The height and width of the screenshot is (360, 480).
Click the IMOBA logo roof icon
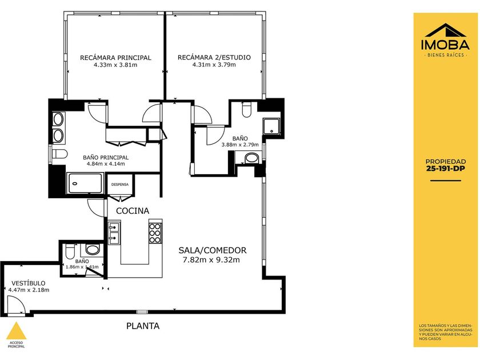pyautogui.click(x=445, y=30)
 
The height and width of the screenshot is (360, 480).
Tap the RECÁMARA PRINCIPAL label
pyautogui.click(x=115, y=58)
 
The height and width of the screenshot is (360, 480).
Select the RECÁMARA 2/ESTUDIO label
pyautogui.click(x=214, y=57)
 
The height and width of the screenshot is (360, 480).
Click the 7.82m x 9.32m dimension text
pyautogui.click(x=211, y=260)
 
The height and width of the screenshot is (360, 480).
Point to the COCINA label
pyautogui.click(x=133, y=211)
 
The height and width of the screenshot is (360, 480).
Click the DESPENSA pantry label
pyautogui.click(x=119, y=185)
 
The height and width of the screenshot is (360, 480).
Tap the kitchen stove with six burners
pyautogui.click(x=155, y=233)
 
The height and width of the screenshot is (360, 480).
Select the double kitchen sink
pyautogui.click(x=114, y=233)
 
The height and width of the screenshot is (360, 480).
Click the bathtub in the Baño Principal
pyautogui.click(x=85, y=183)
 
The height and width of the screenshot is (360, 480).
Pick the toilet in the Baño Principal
pyautogui.click(x=59, y=154)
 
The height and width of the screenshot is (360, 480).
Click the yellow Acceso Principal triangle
pyautogui.click(x=16, y=331)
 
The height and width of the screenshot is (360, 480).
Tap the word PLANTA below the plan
pyautogui.click(x=143, y=326)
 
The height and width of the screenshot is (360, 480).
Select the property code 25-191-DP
pyautogui.click(x=446, y=169)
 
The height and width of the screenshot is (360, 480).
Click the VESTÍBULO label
pyautogui.click(x=28, y=283)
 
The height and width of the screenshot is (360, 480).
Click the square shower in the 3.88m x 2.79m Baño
pyautogui.click(x=271, y=126)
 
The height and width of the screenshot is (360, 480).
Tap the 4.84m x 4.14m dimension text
pyautogui.click(x=106, y=164)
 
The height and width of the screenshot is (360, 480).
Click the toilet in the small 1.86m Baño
pyautogui.click(x=70, y=251)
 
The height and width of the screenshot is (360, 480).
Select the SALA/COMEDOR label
pyautogui.click(x=213, y=250)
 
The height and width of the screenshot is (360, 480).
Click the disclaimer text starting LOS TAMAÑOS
pyautogui.click(x=446, y=332)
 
